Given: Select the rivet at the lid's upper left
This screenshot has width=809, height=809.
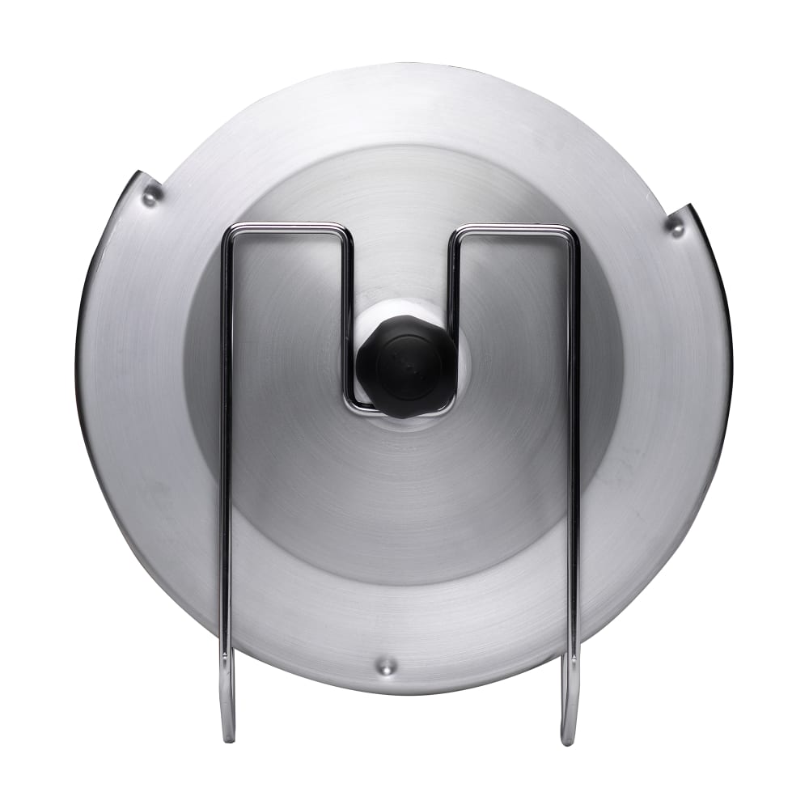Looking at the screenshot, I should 151,194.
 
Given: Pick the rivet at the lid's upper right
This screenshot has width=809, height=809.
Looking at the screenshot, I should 675,226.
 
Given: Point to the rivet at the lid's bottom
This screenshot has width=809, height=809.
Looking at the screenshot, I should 388,667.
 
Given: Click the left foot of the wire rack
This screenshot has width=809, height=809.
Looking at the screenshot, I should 228,712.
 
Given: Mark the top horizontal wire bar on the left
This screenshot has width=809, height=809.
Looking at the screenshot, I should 287,227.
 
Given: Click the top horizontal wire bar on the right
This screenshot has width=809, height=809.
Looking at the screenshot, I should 514,231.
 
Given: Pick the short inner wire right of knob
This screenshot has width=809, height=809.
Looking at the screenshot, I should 454,324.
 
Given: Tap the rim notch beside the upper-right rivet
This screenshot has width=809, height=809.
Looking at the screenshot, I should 688,210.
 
